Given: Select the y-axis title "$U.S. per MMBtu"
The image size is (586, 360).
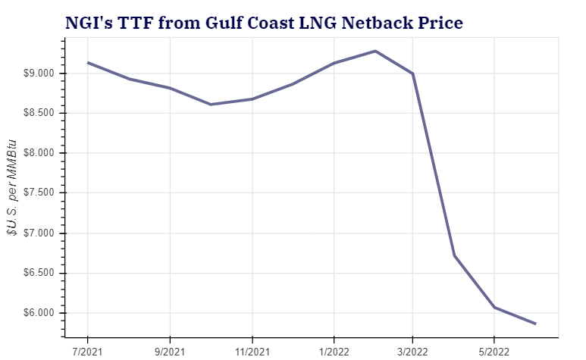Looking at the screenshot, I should (x=12, y=189).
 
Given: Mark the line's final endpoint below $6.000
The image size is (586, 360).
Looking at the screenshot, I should (x=535, y=324).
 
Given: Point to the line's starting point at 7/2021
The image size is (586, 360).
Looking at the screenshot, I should (x=88, y=63).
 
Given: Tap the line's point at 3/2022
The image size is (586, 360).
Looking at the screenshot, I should (x=412, y=74).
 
